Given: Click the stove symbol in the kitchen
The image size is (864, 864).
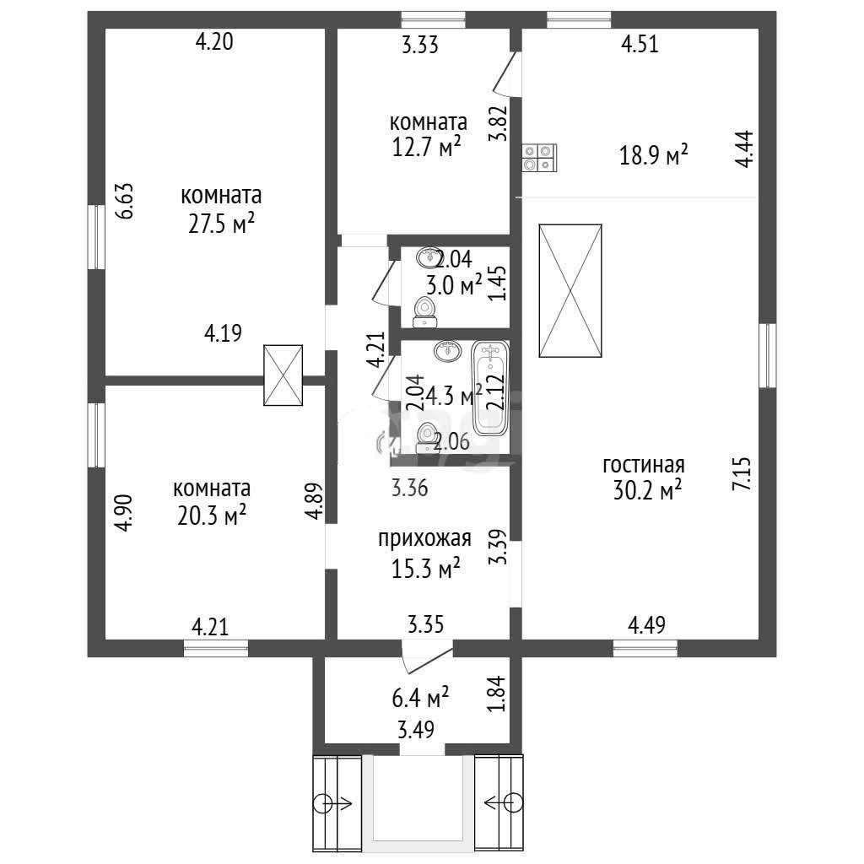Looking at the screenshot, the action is click(539, 158).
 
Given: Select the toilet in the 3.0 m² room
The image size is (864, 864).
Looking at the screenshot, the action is click(425, 312).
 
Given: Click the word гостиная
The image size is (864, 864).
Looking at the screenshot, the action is click(644, 465).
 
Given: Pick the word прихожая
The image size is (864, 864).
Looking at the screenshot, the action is click(424, 538).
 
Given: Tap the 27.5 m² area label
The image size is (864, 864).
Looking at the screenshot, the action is click(221, 224).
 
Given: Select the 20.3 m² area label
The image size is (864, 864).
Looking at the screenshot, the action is click(212, 516).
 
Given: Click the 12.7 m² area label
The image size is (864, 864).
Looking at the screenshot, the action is click(426, 148).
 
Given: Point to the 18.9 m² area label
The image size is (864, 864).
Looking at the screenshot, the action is click(654, 155).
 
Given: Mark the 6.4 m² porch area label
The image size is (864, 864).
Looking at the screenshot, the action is click(420, 698).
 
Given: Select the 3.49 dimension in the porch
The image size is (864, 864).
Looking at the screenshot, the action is click(416, 730).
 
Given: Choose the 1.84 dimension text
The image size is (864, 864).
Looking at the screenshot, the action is click(498, 694).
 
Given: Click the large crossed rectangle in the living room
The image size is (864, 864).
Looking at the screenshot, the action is click(570, 291).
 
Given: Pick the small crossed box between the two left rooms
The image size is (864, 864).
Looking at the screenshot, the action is click(283, 375).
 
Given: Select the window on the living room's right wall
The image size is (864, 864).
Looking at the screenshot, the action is click(768, 355).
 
